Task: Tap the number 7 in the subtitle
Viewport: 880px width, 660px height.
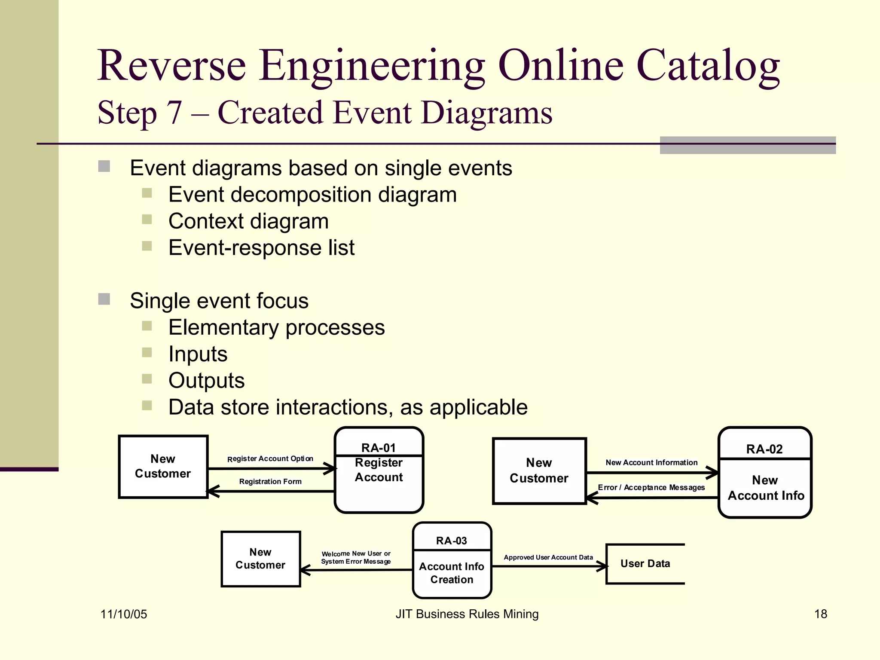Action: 174,113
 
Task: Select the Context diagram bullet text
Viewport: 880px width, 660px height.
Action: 248,221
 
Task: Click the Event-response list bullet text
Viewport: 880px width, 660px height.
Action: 261,248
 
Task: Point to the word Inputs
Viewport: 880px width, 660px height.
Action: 198,354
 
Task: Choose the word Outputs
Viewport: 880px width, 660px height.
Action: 206,381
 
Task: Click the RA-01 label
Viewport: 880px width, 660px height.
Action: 378,448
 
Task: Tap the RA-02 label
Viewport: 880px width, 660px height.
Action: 764,449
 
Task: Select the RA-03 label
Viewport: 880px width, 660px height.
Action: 451,541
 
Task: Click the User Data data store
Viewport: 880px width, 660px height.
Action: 645,563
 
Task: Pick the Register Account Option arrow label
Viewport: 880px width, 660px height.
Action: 270,458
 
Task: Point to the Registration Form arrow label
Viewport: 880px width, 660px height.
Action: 270,482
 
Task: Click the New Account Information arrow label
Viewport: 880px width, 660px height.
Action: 651,462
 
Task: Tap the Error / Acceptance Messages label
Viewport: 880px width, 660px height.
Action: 651,487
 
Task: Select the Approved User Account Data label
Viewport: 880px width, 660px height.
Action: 548,557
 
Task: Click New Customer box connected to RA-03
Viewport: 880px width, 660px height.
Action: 260,559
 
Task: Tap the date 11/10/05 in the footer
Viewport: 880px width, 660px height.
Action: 124,614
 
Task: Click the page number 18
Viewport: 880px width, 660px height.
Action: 820,614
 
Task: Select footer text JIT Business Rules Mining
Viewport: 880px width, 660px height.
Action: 467,614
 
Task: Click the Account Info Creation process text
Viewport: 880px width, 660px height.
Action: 452,573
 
